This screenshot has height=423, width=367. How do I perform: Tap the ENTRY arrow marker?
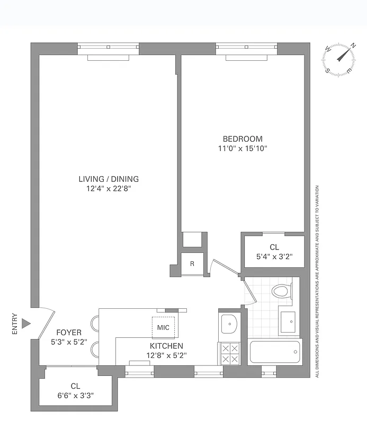[x=28, y=322]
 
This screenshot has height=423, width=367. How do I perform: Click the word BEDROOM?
[x=243, y=139]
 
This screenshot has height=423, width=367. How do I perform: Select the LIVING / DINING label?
[x=109, y=179]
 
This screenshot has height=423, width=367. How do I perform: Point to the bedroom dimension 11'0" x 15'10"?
[x=243, y=149]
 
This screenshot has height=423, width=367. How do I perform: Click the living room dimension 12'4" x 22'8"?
[x=109, y=188]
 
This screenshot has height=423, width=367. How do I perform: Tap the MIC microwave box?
[x=163, y=327]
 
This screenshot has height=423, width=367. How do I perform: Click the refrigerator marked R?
[x=192, y=264]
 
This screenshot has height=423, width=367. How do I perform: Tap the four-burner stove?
[x=229, y=353]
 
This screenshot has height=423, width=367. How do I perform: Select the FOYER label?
[x=66, y=333]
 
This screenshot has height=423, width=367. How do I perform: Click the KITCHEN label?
[x=166, y=346]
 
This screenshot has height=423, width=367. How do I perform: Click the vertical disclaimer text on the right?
[x=317, y=280]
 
